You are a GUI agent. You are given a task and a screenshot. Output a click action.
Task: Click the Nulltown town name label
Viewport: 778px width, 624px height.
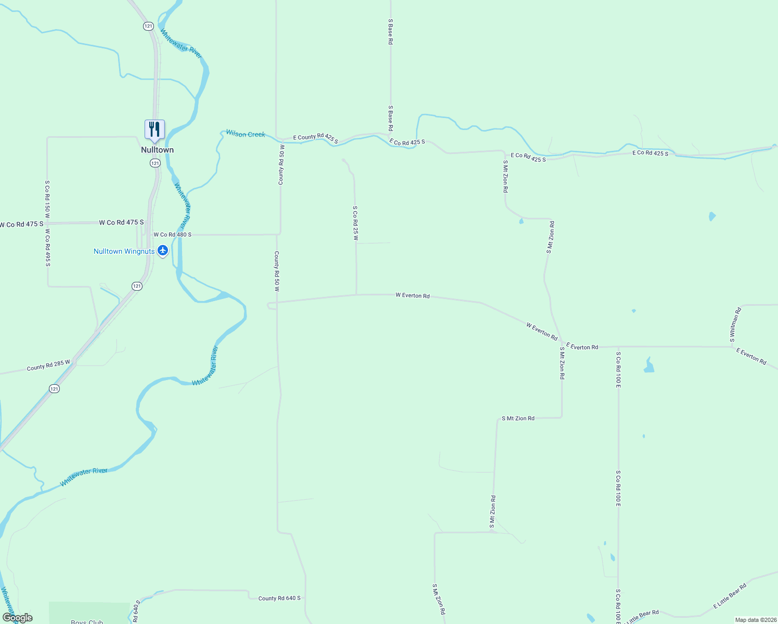(x=157, y=150)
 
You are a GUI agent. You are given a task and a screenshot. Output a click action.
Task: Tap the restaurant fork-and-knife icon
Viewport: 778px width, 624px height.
(x=154, y=129)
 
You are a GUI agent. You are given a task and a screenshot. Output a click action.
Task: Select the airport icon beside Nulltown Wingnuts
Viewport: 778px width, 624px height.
(x=163, y=251)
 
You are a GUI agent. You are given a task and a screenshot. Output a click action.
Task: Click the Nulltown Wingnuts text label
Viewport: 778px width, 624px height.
(x=124, y=251)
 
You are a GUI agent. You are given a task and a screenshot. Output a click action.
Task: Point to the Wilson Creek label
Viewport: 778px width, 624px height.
(x=245, y=134)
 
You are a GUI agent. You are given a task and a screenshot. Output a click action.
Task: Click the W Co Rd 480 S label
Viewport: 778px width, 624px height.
(x=172, y=235)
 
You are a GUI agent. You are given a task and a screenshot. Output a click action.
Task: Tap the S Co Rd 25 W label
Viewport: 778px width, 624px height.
(x=356, y=223)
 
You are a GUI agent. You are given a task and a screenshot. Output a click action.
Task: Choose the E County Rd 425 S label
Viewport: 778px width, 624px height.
(x=315, y=138)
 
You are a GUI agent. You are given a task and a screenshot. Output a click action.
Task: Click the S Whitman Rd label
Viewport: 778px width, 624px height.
(x=735, y=324)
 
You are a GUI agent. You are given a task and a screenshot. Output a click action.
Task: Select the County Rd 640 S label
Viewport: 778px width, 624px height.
(x=279, y=599)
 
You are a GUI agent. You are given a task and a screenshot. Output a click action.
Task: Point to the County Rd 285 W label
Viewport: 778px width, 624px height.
(x=48, y=365)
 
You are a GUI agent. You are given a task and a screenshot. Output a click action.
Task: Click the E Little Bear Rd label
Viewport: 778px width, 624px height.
(x=730, y=595)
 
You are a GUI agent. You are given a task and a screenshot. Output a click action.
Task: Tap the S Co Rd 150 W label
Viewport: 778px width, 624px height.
(x=47, y=199)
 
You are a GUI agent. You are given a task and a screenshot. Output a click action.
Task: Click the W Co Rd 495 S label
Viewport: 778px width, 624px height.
(x=47, y=248)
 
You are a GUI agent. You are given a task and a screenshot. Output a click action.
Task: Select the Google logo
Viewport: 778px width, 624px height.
(x=17, y=618)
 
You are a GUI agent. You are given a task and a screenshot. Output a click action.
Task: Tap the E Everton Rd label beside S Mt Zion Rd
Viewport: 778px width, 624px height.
(x=582, y=346)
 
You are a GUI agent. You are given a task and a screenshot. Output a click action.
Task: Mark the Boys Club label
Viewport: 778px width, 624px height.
(x=87, y=621)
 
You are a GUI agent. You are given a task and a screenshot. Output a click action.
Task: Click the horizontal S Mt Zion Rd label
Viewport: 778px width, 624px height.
(x=517, y=418)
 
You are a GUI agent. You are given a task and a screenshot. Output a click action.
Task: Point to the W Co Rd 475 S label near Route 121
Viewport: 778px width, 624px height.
(x=121, y=223)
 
